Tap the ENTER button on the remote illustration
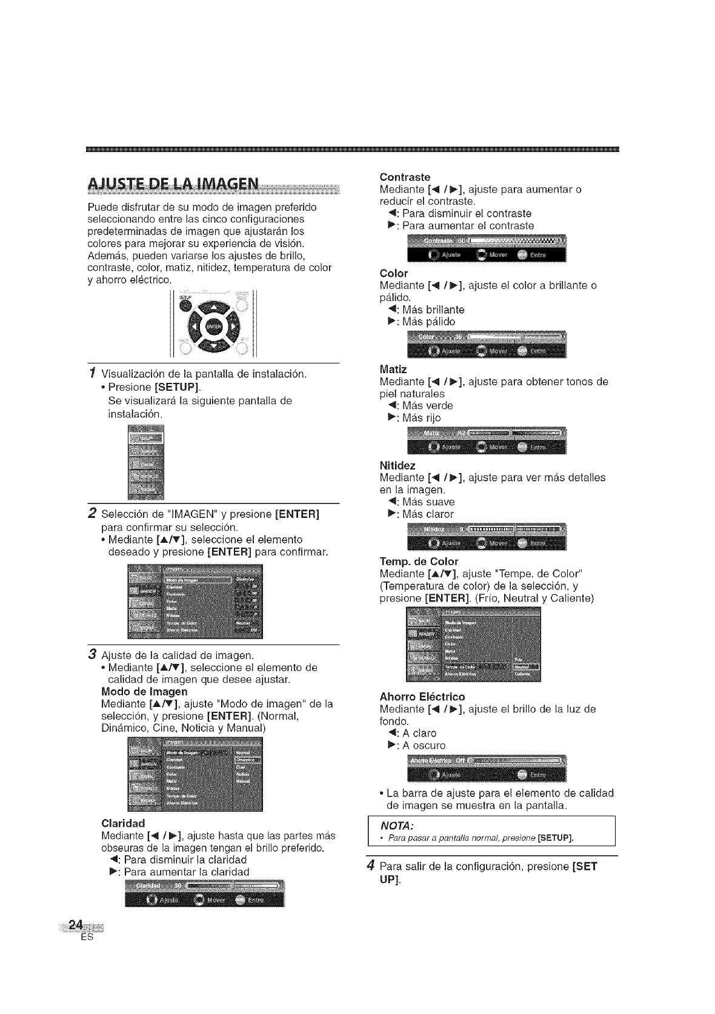[214, 327]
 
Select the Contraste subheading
[404, 177]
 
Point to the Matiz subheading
[393, 369]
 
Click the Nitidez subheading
[397, 465]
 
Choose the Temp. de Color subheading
[419, 561]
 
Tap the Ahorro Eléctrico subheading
[422, 696]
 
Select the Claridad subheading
[124, 823]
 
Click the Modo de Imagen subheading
[144, 692]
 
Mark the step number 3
[92, 654]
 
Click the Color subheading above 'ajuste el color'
[394, 273]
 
